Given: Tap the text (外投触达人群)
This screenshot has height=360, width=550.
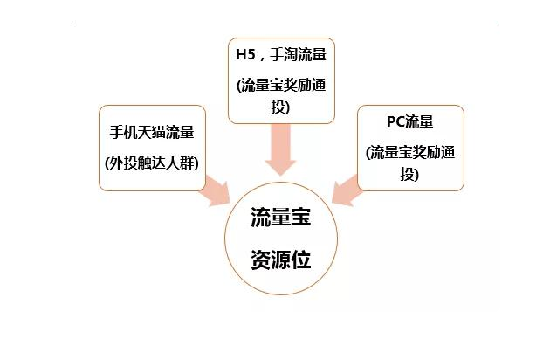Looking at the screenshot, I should [151, 163].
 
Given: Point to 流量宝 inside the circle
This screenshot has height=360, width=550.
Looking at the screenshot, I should [280, 218].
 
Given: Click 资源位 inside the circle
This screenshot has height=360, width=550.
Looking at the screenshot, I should [280, 260].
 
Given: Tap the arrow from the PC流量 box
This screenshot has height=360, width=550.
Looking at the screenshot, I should [347, 190].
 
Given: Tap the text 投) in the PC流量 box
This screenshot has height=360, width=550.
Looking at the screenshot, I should [410, 174].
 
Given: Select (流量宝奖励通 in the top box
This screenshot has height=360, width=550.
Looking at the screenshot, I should [280, 86].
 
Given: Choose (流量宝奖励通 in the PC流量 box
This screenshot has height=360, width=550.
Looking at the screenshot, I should [411, 151].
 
